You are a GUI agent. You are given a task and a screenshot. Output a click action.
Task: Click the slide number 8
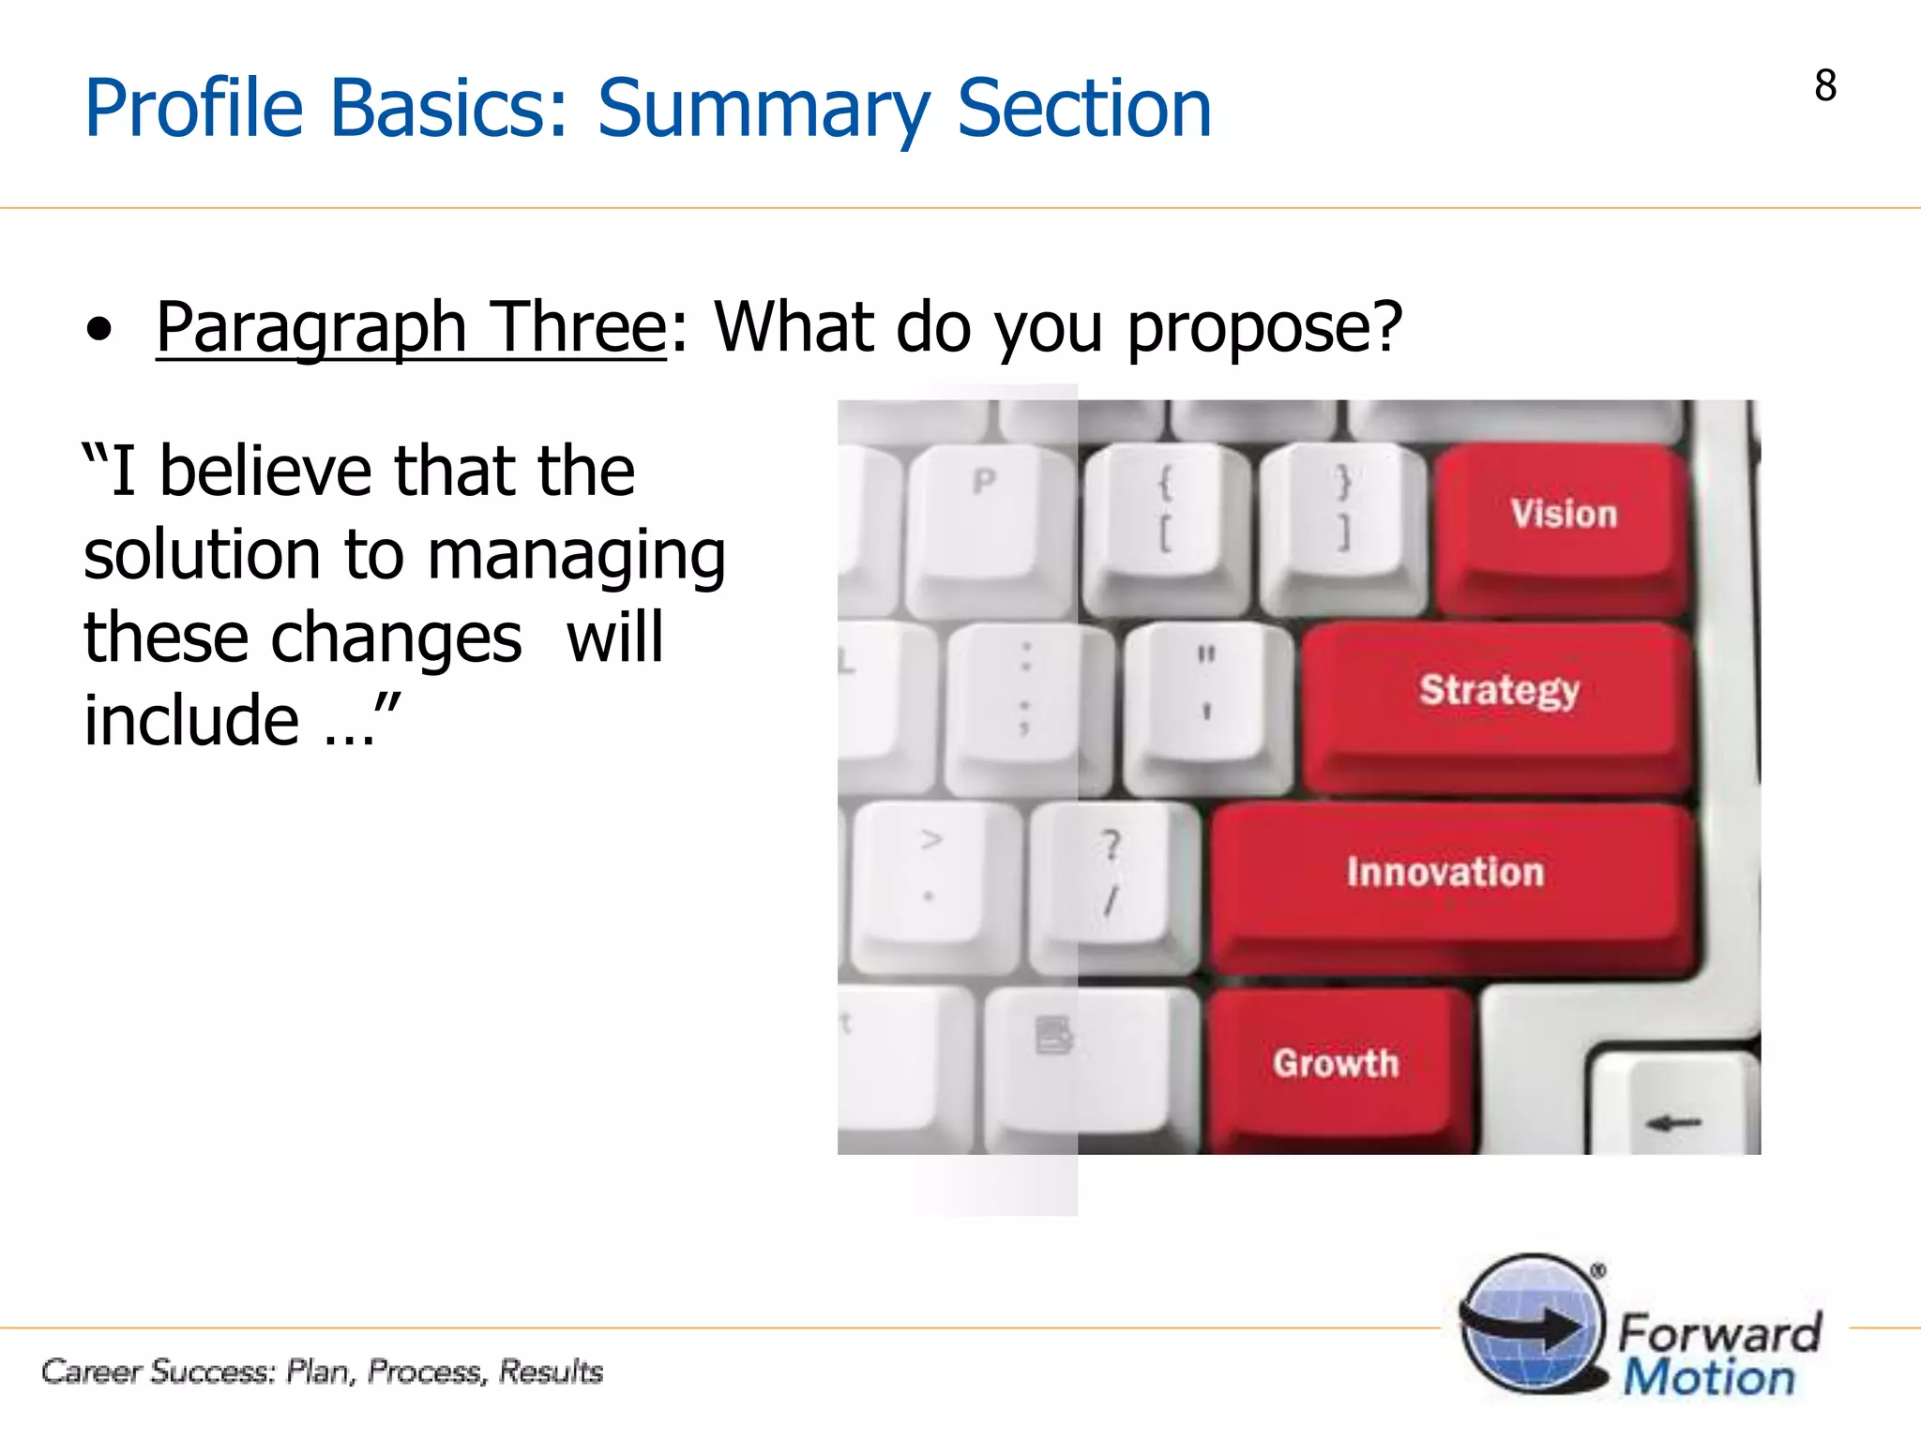point(1824,86)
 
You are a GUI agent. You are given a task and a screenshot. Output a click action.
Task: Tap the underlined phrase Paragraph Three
point(411,327)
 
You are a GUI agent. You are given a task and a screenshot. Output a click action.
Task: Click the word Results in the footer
point(551,1372)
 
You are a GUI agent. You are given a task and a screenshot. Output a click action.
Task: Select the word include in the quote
point(191,721)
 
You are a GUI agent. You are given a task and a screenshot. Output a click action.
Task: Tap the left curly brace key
point(1163,511)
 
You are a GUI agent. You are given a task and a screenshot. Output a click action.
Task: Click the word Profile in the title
point(193,109)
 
